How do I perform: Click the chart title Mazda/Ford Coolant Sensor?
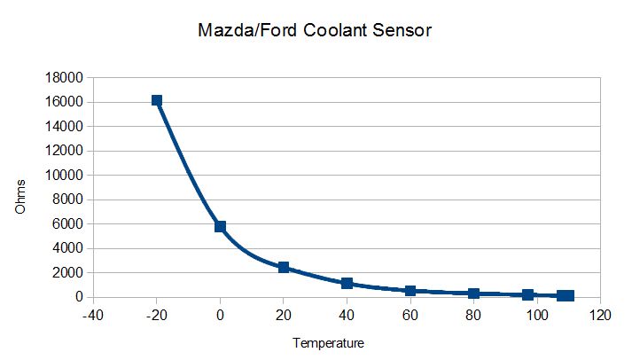coord(316,31)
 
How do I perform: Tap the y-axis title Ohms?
coord(21,196)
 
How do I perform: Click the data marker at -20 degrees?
coord(157,101)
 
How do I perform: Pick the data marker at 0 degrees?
coord(221,227)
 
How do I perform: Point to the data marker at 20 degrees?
coord(284,267)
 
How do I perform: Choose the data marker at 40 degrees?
coord(347,284)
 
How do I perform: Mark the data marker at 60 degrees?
coord(410,291)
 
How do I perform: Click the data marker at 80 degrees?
coord(474,293)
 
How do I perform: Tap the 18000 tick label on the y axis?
coord(63,78)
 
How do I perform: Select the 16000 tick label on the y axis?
coord(63,102)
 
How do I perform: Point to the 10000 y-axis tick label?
coord(63,176)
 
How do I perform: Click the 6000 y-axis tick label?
coord(66,224)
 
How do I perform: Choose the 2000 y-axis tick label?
coord(66,273)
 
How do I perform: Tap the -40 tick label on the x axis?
coord(92,315)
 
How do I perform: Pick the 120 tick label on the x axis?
coord(601,315)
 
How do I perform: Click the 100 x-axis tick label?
coord(537,315)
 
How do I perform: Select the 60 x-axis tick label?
coord(410,315)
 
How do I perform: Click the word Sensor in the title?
coord(401,31)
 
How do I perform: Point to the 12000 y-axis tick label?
coord(63,151)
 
